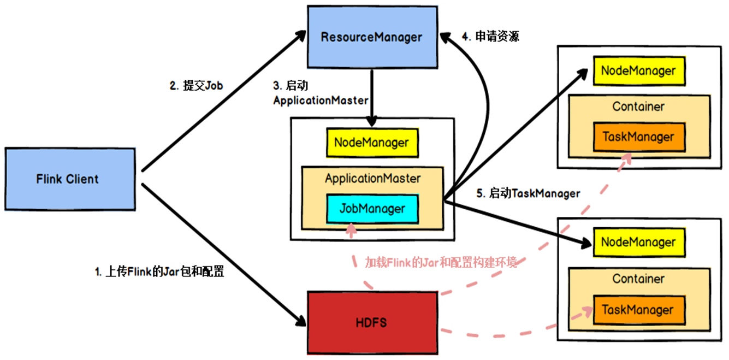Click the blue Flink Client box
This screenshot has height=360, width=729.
(70, 179)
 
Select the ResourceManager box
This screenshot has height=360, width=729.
(371, 38)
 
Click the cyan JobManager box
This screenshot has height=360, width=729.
(372, 208)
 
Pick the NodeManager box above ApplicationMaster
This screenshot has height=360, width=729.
(371, 143)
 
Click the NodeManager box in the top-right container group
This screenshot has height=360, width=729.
(638, 70)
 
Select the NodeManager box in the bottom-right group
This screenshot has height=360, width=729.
(638, 242)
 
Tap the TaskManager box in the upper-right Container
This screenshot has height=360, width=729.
(638, 137)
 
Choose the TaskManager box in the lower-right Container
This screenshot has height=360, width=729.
(638, 310)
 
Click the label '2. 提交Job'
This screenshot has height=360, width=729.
(196, 86)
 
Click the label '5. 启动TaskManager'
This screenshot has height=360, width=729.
(528, 193)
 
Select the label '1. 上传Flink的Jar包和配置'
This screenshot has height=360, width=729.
(159, 272)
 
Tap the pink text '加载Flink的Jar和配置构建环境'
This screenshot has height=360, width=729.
(441, 263)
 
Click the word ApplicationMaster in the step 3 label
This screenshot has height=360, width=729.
(320, 101)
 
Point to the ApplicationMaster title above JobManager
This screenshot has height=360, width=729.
(372, 178)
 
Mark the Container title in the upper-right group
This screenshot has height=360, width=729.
(638, 107)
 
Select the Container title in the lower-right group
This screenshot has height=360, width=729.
(638, 279)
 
